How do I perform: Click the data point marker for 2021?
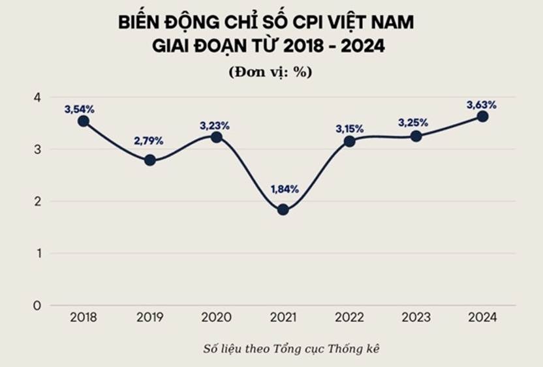pyautogui.click(x=283, y=209)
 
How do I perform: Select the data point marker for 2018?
pyautogui.click(x=83, y=121)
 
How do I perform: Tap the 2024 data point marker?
pyautogui.click(x=482, y=116)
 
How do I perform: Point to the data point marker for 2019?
pyautogui.click(x=150, y=160)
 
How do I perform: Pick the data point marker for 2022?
pyautogui.click(x=350, y=141)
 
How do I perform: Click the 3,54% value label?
pyautogui.click(x=78, y=109)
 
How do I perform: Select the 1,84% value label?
pyautogui.click(x=285, y=189)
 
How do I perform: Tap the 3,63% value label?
pyautogui.click(x=482, y=104)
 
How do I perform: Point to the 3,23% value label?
pyautogui.click(x=215, y=125)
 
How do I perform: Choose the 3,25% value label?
pyautogui.click(x=413, y=123)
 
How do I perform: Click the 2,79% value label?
pyautogui.click(x=149, y=140)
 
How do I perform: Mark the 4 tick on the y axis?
pyautogui.click(x=37, y=97)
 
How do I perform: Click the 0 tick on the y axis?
pyautogui.click(x=37, y=305)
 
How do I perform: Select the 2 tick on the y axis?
pyautogui.click(x=37, y=201)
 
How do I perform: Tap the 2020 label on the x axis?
pyautogui.click(x=217, y=317)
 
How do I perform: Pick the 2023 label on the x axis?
pyautogui.click(x=416, y=317)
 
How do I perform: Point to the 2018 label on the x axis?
pyautogui.click(x=83, y=317)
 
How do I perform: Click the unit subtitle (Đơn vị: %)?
pyautogui.click(x=270, y=72)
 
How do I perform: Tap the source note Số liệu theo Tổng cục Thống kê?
pyautogui.click(x=290, y=349)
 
